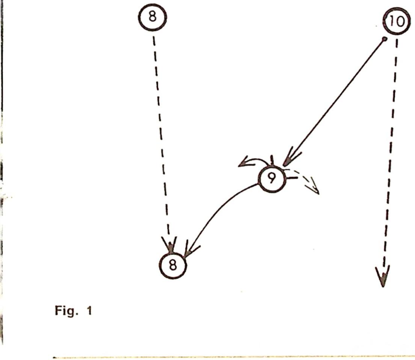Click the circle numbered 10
click(x=397, y=22)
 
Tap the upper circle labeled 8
click(x=152, y=17)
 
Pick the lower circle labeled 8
click(x=172, y=265)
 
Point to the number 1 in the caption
click(x=89, y=311)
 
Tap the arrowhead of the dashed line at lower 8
click(x=170, y=246)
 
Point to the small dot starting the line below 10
click(x=384, y=39)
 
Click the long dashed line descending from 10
click(x=391, y=150)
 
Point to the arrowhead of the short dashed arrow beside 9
click(x=315, y=188)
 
